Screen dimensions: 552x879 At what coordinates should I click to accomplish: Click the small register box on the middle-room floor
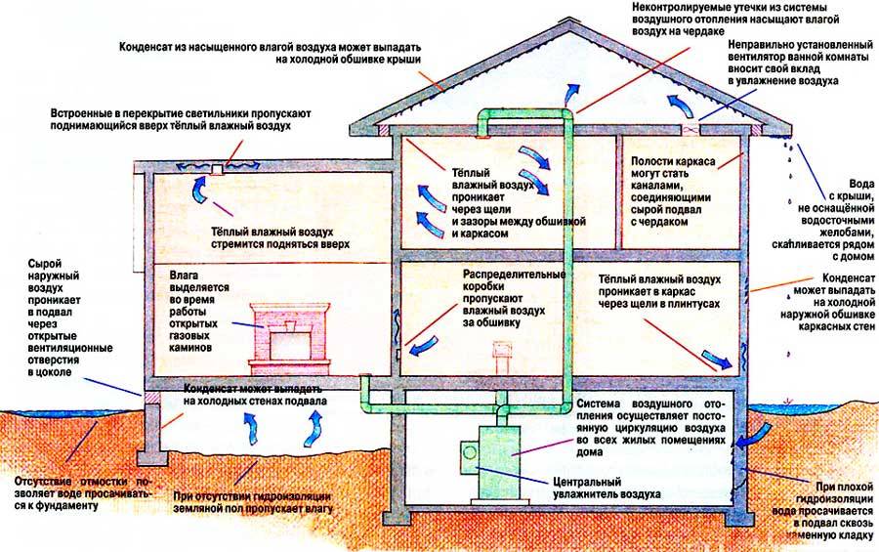click(505, 350)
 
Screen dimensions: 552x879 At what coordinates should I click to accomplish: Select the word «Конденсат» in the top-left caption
click(150, 46)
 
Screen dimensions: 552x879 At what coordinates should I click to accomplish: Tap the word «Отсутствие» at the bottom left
click(48, 481)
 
